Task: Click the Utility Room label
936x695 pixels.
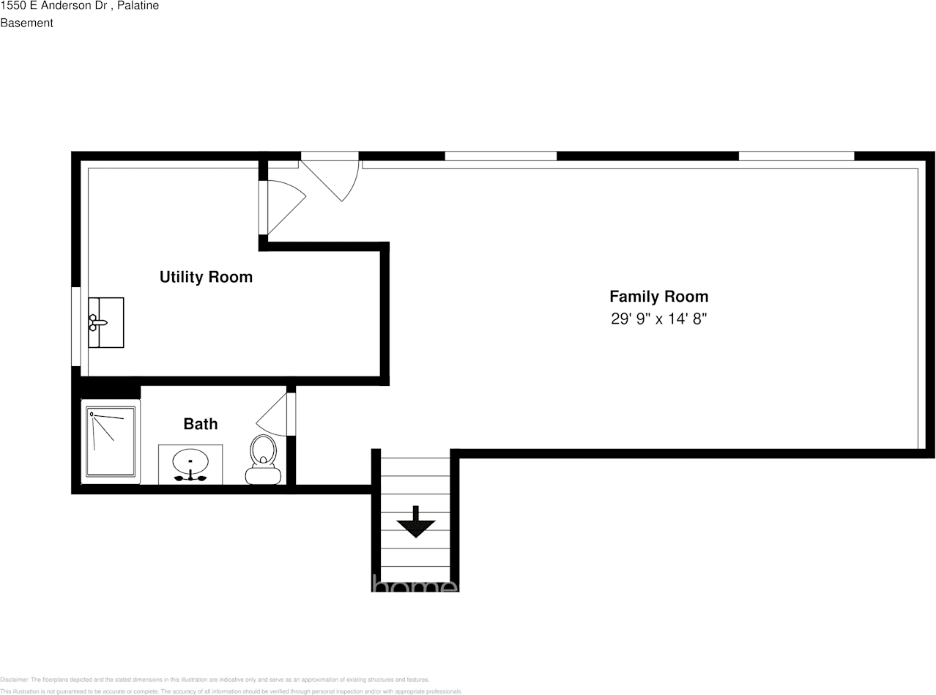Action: tap(206, 277)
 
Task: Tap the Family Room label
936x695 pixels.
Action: tap(658, 297)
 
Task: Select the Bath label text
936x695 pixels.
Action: tap(200, 424)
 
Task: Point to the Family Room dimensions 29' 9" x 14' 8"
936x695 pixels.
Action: tap(658, 319)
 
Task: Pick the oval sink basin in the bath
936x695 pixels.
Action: tap(190, 461)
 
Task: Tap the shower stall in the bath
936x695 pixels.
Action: tap(111, 442)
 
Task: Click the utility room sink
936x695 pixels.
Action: tap(106, 322)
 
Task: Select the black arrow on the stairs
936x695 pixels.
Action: tap(416, 522)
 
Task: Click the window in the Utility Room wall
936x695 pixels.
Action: tap(75, 326)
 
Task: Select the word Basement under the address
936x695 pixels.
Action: tap(26, 23)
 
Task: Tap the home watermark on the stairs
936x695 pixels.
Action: tap(415, 585)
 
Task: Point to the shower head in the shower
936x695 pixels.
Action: tap(92, 415)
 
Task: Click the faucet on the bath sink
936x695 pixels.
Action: tap(190, 477)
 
